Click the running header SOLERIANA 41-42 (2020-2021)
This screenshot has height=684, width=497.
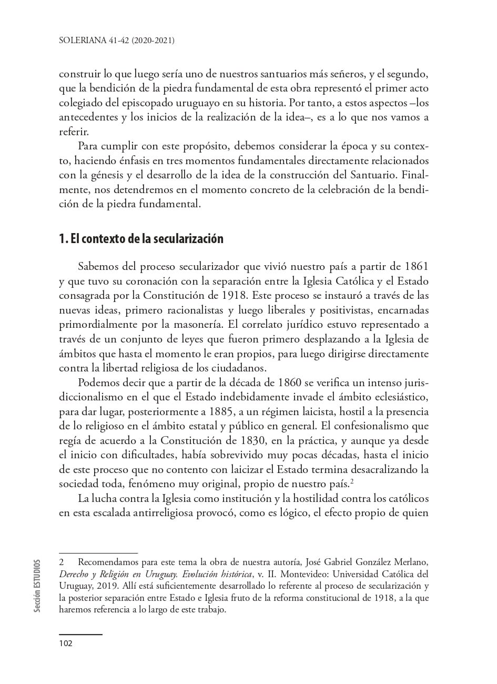pyautogui.click(x=116, y=39)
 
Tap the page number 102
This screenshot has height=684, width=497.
pyautogui.click(x=66, y=643)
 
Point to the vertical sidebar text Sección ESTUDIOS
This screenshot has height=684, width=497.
pyautogui.click(x=37, y=586)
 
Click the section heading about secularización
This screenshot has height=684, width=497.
pyautogui.click(x=141, y=239)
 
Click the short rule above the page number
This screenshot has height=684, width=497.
pyautogui.click(x=80, y=634)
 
